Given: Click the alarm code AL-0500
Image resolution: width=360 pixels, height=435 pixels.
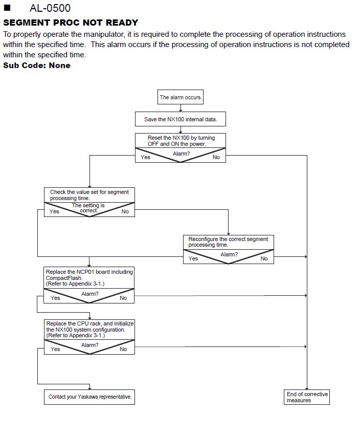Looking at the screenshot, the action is (x=50, y=8).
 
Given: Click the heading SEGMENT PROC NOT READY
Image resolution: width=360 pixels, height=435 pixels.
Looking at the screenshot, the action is (x=71, y=23).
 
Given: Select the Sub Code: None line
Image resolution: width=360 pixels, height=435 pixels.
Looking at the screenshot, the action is (x=37, y=66).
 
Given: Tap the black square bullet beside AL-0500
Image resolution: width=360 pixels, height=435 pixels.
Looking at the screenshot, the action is (x=7, y=8).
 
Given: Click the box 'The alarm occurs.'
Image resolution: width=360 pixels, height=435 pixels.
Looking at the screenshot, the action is (x=181, y=97).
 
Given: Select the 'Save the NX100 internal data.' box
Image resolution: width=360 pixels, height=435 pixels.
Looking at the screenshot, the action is (x=181, y=119).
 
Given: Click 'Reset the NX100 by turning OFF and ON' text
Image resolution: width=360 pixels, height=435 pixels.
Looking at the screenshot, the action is (x=181, y=141).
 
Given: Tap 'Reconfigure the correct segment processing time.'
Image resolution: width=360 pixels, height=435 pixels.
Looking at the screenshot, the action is (x=228, y=242).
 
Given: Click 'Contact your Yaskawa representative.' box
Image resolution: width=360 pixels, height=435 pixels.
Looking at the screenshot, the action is (x=89, y=397).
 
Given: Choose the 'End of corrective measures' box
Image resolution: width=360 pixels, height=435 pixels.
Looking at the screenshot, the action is (x=307, y=397).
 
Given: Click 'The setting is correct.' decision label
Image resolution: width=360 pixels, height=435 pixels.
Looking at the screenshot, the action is (x=88, y=208).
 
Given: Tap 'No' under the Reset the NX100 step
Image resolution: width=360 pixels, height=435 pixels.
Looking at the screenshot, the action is (x=216, y=157).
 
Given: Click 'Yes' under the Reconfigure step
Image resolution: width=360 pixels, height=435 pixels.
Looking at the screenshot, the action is (x=193, y=258).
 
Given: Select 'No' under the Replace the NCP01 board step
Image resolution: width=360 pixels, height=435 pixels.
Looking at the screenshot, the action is (x=123, y=298).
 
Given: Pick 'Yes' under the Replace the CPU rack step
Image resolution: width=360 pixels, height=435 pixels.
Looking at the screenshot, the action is (x=55, y=349).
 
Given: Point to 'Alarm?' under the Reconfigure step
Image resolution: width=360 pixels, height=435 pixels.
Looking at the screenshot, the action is (x=229, y=254).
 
